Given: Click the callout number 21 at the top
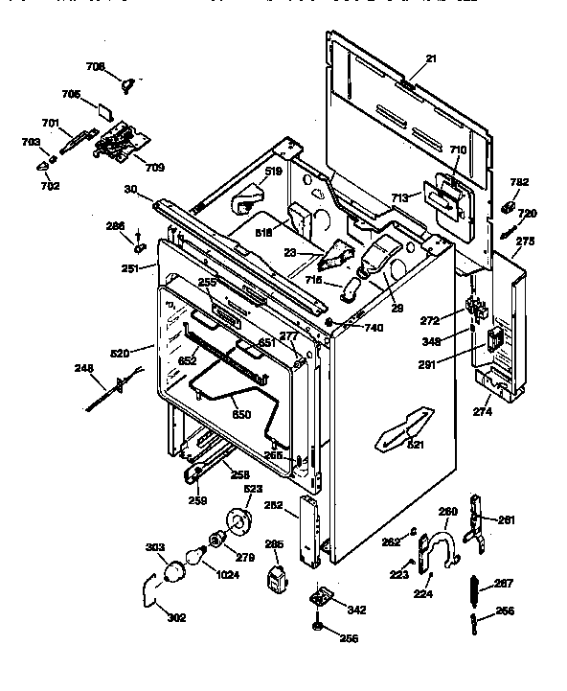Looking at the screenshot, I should pos(430,59).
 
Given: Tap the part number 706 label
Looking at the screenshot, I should pos(95,66).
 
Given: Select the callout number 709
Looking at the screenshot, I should pos(154,167).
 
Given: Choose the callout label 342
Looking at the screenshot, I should pos(356,609).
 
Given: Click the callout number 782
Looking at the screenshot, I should pos(518,182).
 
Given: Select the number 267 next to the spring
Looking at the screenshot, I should pos(504,585).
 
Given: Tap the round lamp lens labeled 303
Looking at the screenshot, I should pos(174,573).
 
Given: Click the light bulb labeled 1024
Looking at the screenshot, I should pos(198,554).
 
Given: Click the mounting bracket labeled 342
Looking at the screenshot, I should pos(322,598).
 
